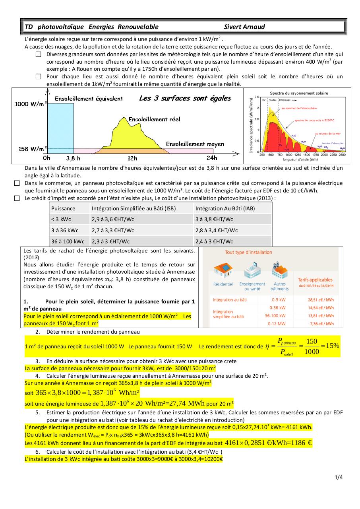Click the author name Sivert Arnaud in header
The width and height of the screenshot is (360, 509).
pos(244,27)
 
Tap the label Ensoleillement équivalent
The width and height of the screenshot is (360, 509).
pos(89,99)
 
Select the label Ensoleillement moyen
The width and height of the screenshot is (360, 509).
pos(195,144)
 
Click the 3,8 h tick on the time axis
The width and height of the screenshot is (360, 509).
pos(73,158)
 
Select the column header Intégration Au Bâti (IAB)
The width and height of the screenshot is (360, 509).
pos(225,208)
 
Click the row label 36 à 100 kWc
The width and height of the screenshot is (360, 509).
pos(68,241)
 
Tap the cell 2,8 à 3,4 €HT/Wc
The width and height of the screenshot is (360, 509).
pos(217,230)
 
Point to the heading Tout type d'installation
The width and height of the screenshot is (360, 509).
pos(248,252)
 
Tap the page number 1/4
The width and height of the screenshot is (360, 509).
pos(339,478)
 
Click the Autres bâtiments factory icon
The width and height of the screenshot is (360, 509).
pos(280,270)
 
